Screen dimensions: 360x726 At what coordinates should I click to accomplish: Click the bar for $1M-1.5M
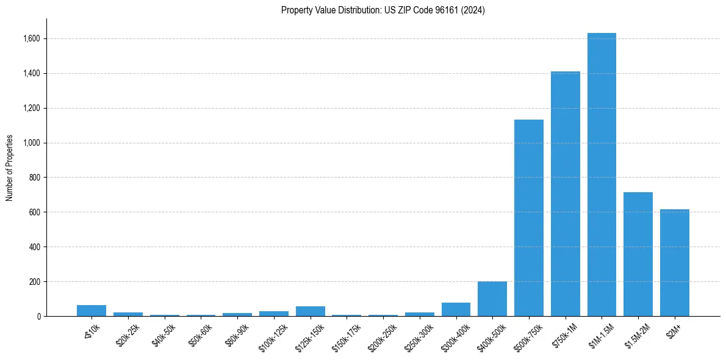(x=602, y=175)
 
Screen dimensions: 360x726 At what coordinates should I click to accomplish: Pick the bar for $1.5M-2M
(x=638, y=254)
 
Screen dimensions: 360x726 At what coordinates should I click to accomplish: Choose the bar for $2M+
(x=674, y=263)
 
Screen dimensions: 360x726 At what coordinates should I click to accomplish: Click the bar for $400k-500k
(x=492, y=299)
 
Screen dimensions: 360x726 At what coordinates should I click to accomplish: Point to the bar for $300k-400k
(x=456, y=309)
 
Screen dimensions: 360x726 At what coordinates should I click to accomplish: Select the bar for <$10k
(x=92, y=311)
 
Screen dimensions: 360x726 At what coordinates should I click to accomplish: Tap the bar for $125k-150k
(x=310, y=311)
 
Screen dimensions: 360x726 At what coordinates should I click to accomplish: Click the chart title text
(x=383, y=10)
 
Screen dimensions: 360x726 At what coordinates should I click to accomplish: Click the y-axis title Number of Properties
(x=10, y=168)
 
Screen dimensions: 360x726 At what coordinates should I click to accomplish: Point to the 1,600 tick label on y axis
(x=31, y=39)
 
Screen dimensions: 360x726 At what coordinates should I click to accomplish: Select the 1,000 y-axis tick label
(x=31, y=143)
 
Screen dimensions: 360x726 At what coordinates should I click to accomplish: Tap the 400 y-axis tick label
(x=34, y=247)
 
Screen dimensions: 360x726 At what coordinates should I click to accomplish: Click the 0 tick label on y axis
(x=38, y=317)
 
